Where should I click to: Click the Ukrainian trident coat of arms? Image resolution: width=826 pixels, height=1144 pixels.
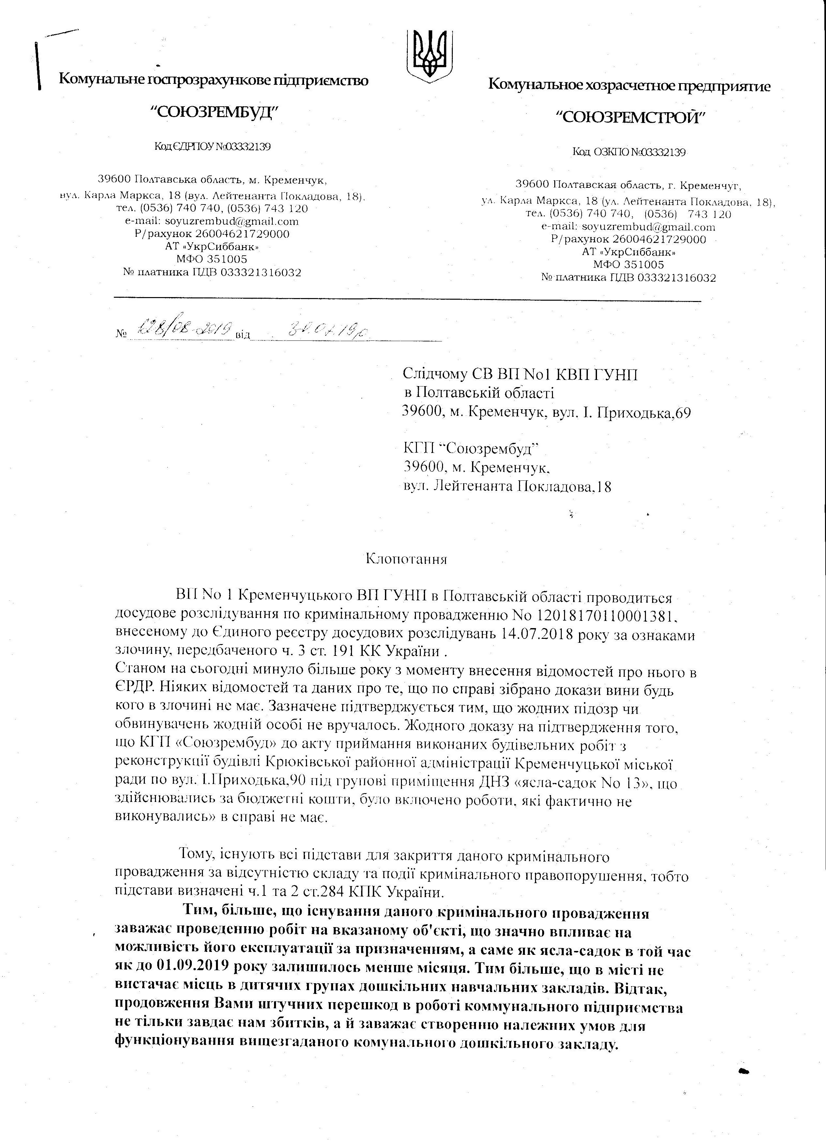429,54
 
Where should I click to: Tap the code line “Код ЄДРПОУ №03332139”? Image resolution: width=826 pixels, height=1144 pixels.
212,147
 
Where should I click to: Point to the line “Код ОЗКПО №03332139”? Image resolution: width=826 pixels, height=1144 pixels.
629,152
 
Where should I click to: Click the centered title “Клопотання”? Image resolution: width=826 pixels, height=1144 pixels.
406,559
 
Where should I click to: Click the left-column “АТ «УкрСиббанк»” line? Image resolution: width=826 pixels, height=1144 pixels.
212,247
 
